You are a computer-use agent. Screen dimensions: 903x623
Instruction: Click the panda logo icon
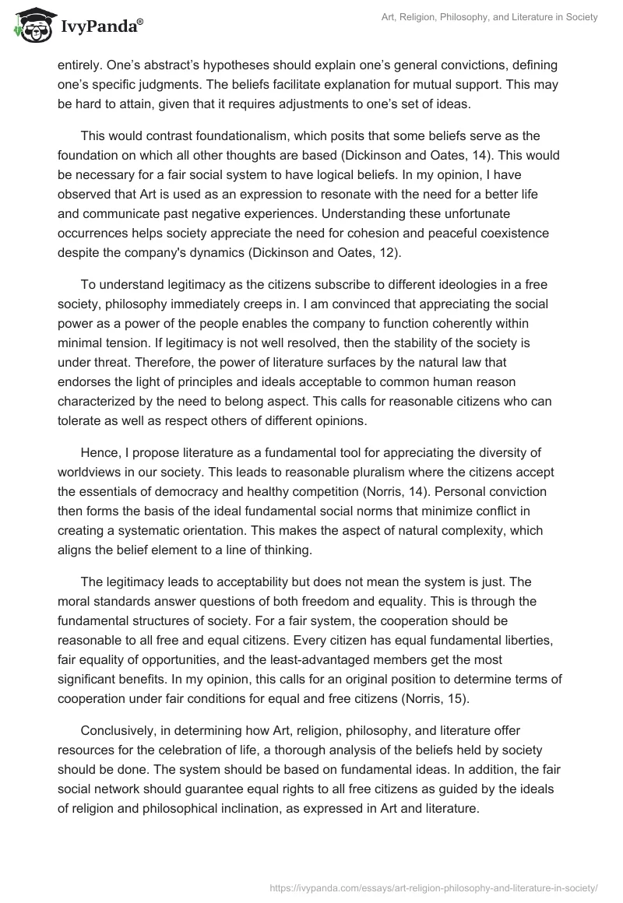point(30,28)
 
